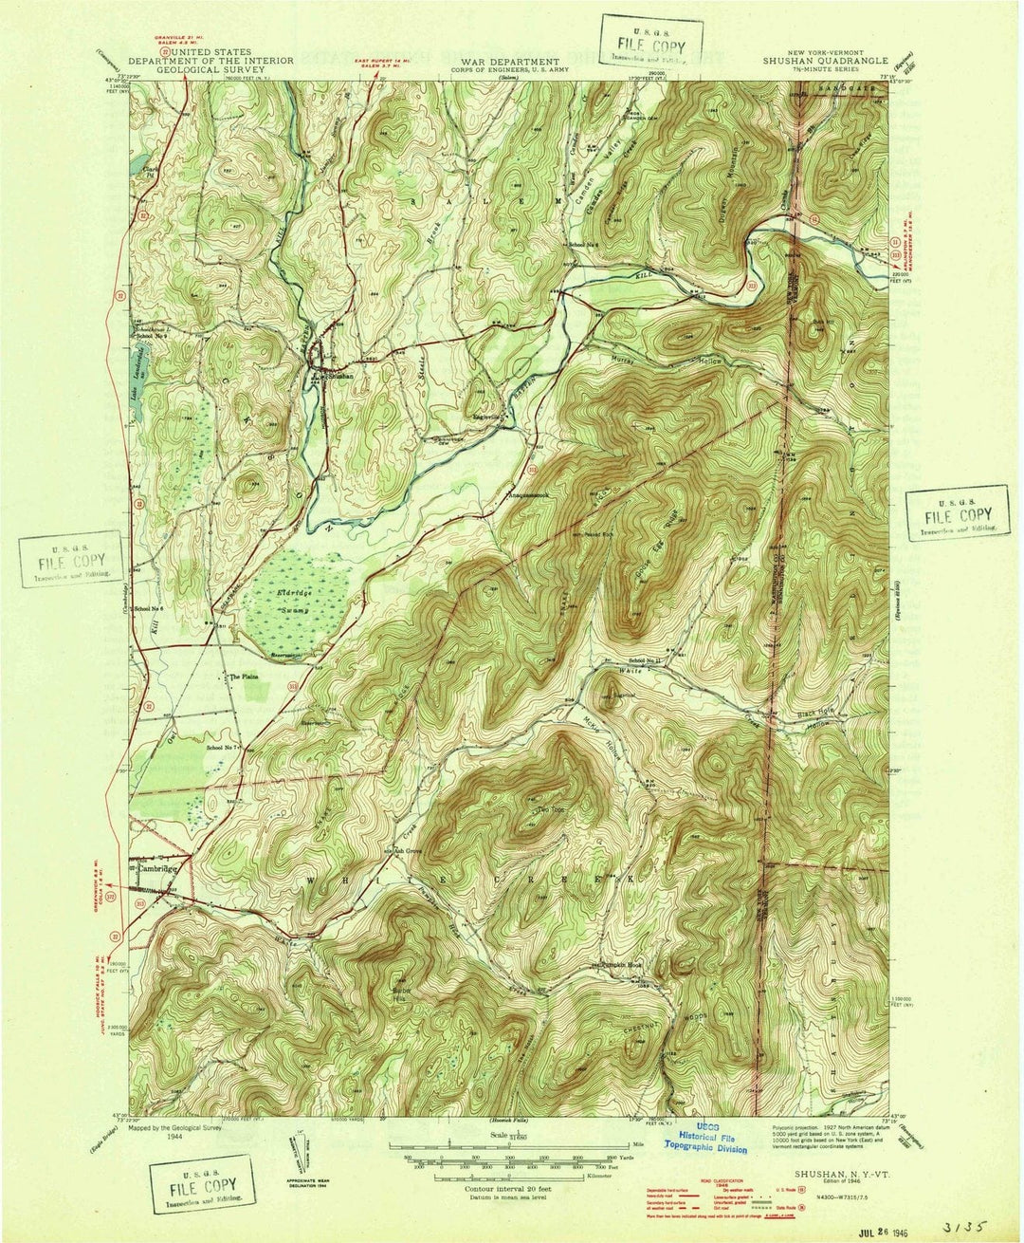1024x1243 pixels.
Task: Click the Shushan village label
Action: [340, 376]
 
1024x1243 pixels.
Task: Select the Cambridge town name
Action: [157, 868]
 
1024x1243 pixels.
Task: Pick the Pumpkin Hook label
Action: [620, 965]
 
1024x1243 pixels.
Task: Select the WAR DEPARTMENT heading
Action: [512, 60]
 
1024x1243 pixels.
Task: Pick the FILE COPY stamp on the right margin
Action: [958, 513]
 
